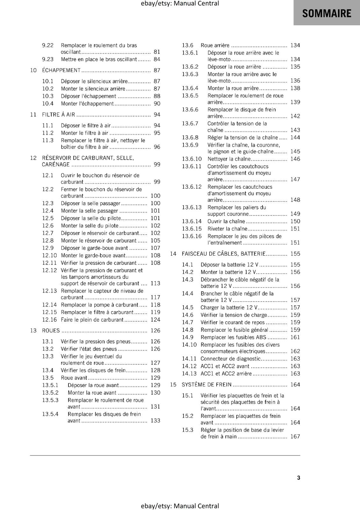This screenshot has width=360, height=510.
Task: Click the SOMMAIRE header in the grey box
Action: click(327, 13)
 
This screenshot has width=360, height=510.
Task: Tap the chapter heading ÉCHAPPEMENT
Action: click(61, 70)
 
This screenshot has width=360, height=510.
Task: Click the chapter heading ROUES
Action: click(51, 331)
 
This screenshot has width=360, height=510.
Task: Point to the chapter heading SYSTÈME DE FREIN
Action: click(206, 384)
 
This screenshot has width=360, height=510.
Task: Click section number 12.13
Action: click(49, 291)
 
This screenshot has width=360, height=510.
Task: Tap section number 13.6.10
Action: click(192, 159)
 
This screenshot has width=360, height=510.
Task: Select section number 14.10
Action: click(189, 345)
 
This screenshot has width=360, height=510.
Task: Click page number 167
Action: click(295, 436)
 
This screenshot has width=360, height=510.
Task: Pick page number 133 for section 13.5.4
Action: click(155, 420)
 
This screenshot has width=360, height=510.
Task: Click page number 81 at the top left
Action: click(157, 52)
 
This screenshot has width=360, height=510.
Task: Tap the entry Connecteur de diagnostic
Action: click(231, 359)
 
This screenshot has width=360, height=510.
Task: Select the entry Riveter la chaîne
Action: click(227, 229)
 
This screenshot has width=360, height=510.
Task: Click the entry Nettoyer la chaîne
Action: click(229, 159)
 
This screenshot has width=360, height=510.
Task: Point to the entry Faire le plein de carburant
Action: click(92, 320)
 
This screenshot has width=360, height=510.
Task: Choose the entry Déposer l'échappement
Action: click(89, 96)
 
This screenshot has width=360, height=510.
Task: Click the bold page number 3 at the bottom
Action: click(299, 478)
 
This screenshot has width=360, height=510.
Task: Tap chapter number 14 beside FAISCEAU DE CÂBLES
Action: click(173, 254)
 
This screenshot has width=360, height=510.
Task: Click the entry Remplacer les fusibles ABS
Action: click(233, 337)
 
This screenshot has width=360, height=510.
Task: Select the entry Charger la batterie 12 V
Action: click(229, 307)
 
